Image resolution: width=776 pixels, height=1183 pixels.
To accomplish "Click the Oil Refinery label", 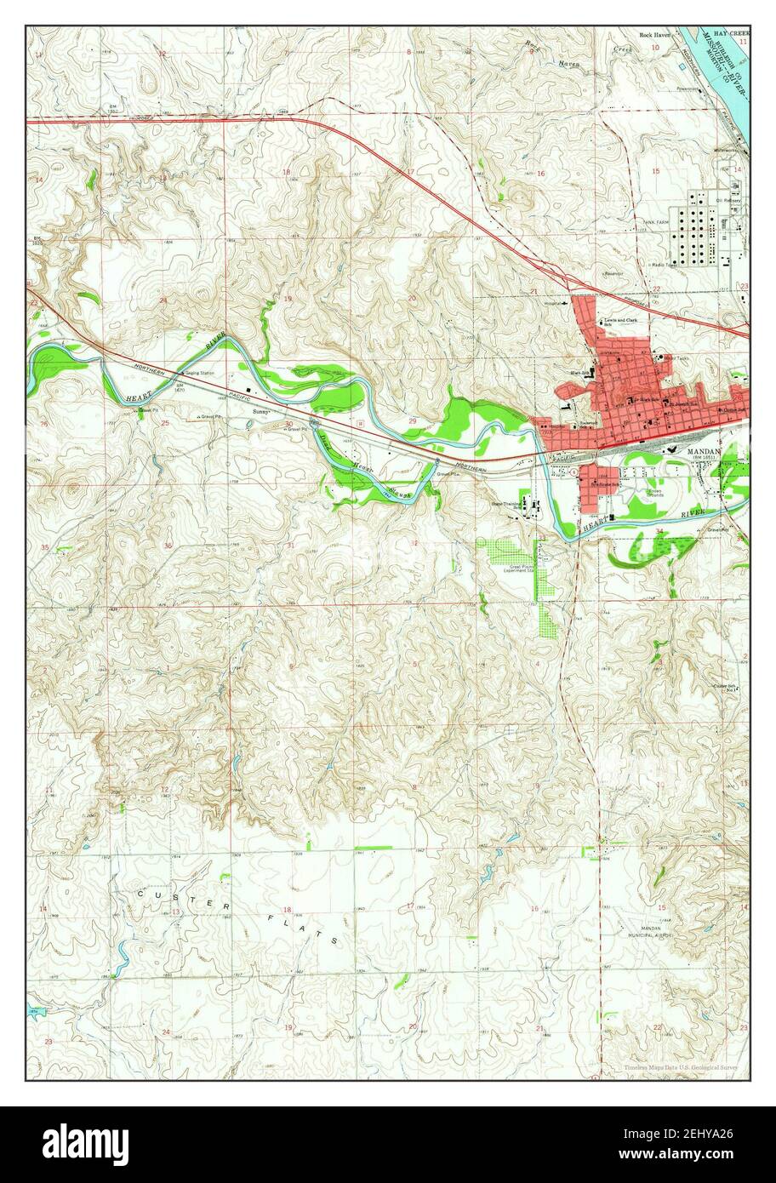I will pyautogui.click(x=729, y=202).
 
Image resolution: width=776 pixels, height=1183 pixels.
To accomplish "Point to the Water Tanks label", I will pyautogui.click(x=677, y=358).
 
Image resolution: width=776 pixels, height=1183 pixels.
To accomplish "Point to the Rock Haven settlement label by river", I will pyautogui.click(x=656, y=36).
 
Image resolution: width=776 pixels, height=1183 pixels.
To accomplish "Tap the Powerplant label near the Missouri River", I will pyautogui.click(x=688, y=89).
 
